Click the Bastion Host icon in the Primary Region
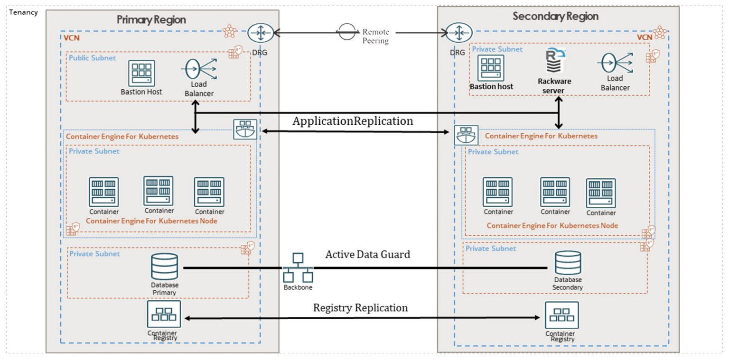tap(141, 73)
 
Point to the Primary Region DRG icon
tap(261, 33)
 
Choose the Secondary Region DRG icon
tap(459, 33)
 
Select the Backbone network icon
tap(298, 268)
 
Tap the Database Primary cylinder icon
tap(165, 267)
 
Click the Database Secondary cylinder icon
tap(568, 263)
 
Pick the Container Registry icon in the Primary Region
tap(164, 314)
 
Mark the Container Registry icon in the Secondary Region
tap(562, 315)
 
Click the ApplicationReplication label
tap(353, 121)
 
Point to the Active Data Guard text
tap(367, 255)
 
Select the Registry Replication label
tap(360, 308)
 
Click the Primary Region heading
tap(151, 20)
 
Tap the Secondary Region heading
tap(555, 17)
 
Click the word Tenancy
tap(23, 12)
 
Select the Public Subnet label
tap(93, 58)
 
